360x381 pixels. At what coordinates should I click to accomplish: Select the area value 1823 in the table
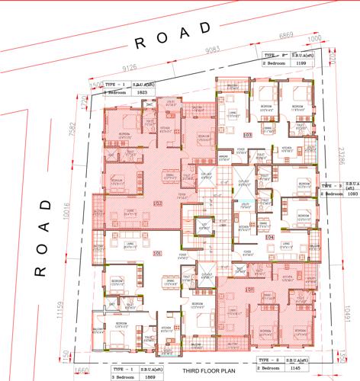(x=140, y=92)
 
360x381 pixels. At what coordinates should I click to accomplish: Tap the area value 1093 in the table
(x=352, y=194)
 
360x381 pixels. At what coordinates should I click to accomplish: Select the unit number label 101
(x=158, y=253)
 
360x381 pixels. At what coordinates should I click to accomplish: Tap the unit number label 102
(x=158, y=203)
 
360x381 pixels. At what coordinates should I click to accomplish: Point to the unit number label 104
(x=269, y=237)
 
